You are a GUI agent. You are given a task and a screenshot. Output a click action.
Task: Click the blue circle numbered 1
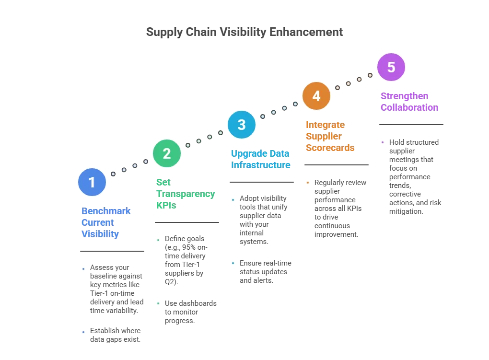(92, 182)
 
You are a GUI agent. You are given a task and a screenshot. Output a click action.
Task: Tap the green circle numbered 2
(167, 153)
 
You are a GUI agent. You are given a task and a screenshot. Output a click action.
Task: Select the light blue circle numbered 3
(242, 125)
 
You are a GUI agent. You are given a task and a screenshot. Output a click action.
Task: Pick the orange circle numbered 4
(316, 96)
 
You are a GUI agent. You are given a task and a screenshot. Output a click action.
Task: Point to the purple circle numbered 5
(391, 67)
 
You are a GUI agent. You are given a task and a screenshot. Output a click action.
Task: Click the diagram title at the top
(245, 33)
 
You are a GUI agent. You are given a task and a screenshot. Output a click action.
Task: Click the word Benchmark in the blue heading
(107, 211)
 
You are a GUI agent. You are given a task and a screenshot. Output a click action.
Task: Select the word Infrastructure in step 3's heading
(260, 165)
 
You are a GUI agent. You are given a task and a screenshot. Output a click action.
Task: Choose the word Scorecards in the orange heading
(330, 148)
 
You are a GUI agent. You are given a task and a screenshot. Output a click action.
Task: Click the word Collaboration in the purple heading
(409, 107)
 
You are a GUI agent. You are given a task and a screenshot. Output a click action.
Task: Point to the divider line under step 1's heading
(111, 251)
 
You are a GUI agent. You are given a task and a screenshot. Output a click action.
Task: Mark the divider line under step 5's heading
(410, 125)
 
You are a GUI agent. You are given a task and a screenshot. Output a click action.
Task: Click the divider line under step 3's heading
(260, 182)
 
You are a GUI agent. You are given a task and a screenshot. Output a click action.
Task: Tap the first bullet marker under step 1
(84, 268)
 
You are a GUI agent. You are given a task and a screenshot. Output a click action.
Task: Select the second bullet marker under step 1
(84, 333)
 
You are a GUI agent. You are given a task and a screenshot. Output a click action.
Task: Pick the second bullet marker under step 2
(157, 303)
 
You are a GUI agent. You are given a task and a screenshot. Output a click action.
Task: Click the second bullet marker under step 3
(234, 264)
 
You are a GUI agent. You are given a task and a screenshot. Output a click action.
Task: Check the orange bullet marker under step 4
(307, 184)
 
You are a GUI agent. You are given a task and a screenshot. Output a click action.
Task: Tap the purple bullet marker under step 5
(383, 142)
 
